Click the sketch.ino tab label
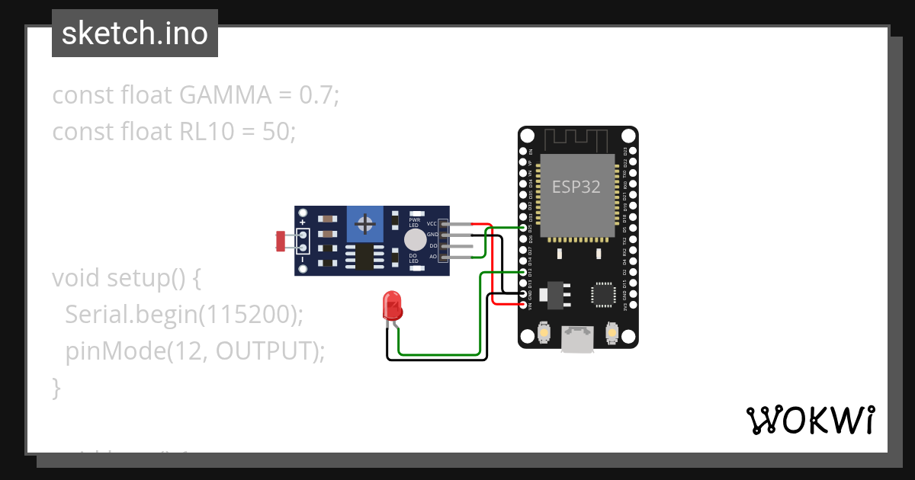pos(135,34)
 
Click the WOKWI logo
pos(809,420)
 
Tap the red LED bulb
pos(392,306)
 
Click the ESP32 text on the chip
pos(576,187)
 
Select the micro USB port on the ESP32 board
pos(577,338)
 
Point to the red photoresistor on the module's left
pos(281,241)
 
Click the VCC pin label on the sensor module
pos(432,224)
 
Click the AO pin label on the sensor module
pos(432,257)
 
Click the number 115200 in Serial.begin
pos(246,315)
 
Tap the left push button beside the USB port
pos(544,332)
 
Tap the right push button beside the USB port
pos(611,332)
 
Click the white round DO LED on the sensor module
pos(415,240)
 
